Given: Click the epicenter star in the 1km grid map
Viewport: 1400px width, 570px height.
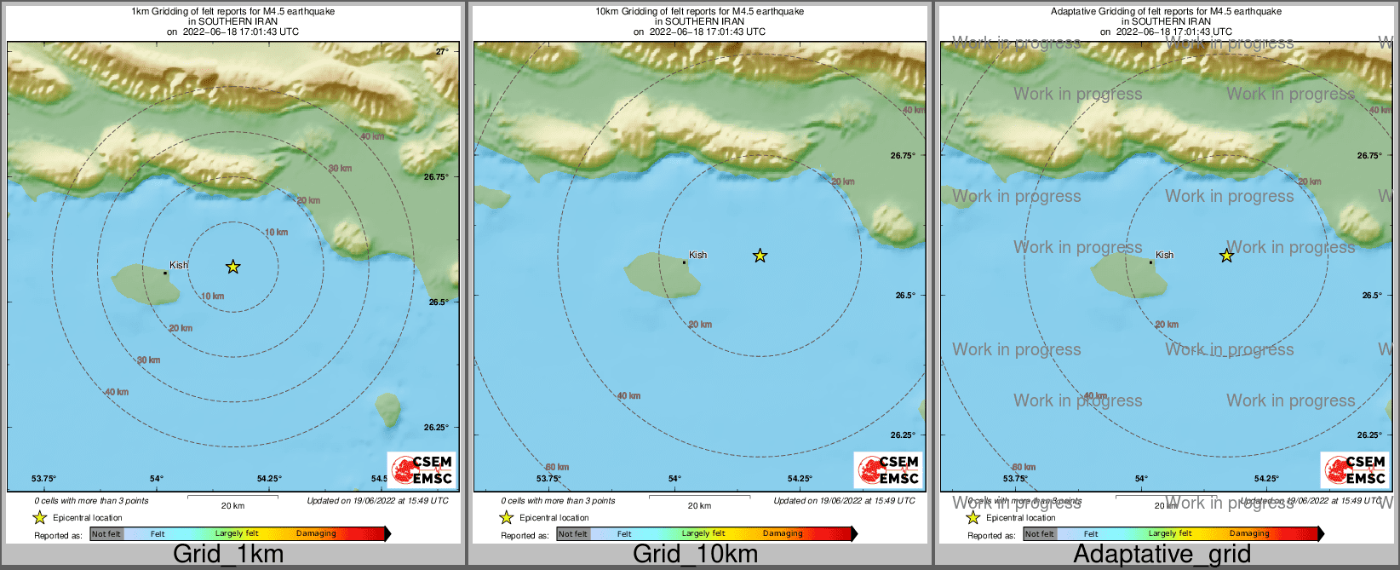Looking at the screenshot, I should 232,268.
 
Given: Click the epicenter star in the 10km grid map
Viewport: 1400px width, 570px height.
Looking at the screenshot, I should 760,256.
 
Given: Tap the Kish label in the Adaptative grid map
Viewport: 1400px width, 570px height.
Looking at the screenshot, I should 1164,255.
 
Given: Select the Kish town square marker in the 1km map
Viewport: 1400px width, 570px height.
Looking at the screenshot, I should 165,273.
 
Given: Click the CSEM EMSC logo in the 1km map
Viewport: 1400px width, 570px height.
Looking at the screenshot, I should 422,469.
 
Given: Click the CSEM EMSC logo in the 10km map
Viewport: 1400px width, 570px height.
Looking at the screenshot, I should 888,469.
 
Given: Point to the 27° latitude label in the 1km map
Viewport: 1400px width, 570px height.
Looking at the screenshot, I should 442,52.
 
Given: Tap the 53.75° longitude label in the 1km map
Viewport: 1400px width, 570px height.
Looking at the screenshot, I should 43,479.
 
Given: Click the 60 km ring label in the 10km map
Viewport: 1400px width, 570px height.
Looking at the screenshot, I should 557,467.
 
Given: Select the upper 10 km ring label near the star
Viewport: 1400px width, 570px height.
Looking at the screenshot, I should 276,232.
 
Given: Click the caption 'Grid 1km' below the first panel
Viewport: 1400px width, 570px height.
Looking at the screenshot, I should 228,554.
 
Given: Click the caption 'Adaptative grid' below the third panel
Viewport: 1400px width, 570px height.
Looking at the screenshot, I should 1162,554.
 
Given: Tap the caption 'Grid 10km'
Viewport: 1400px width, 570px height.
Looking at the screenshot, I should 695,554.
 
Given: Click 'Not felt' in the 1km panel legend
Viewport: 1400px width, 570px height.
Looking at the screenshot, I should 106,534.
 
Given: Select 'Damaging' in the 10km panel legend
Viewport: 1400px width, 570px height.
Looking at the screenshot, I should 783,534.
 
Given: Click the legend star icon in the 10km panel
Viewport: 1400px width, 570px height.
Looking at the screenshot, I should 506,517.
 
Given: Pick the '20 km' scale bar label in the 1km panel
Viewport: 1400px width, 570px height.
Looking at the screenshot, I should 232,506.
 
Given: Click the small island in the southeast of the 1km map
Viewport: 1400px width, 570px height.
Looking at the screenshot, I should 388,409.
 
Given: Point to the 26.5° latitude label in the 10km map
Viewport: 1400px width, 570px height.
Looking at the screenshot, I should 905,296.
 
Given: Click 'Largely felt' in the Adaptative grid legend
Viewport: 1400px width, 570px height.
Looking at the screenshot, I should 1169,534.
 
